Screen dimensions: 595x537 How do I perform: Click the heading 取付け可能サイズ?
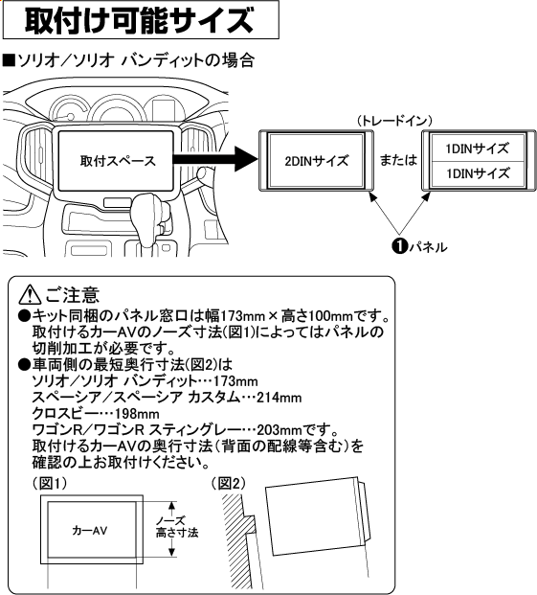(x=140, y=20)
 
